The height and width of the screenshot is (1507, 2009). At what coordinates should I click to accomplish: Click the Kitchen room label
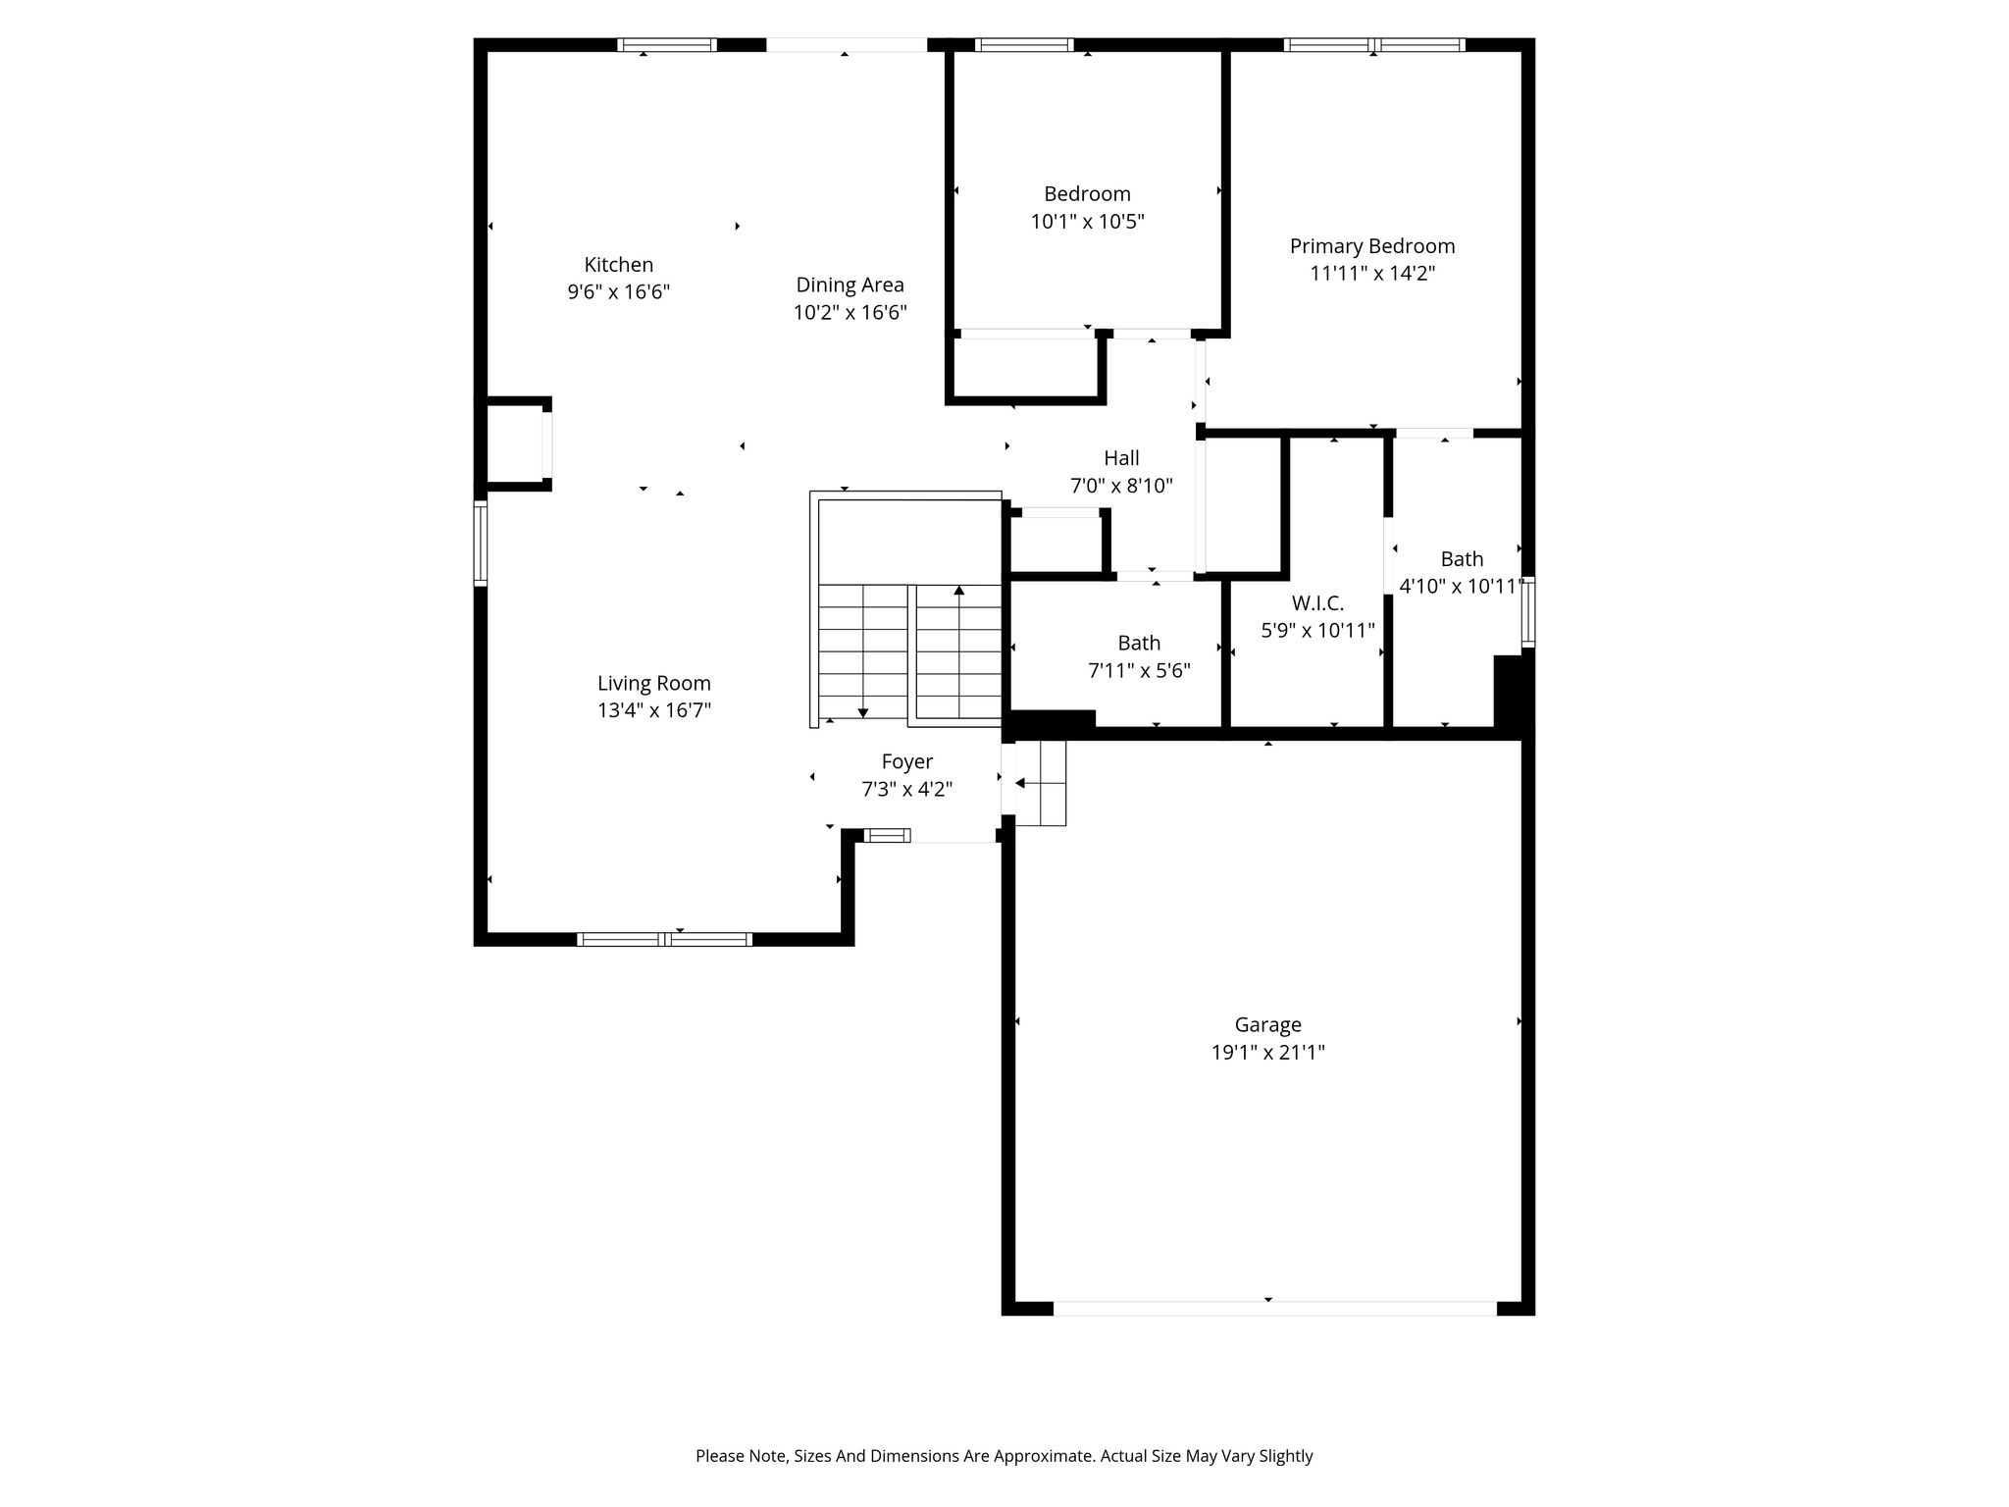[619, 265]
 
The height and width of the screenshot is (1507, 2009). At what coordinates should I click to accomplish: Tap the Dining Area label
[850, 286]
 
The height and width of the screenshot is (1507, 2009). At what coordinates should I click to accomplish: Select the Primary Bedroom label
[1372, 246]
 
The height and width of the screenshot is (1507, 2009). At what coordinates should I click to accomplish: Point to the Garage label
[1268, 1025]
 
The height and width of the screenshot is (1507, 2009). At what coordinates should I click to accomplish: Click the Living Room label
[654, 684]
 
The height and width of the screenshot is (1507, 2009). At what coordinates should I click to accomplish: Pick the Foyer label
[907, 762]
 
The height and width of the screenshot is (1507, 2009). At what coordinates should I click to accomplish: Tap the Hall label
[1121, 458]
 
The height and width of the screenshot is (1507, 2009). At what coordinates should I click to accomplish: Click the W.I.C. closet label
[1317, 603]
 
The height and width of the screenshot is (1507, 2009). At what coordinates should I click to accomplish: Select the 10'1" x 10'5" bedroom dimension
[1088, 222]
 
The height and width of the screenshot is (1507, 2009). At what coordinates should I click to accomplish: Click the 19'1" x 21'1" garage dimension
[1268, 1053]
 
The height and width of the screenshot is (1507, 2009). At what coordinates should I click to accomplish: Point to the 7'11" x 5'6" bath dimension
[1140, 671]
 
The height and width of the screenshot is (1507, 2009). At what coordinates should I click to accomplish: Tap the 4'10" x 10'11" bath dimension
[1462, 587]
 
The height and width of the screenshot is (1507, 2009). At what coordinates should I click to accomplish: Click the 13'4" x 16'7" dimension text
[654, 711]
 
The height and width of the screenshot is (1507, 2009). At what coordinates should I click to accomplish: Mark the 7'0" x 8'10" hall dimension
[1121, 486]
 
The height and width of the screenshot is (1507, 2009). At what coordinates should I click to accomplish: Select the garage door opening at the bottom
[1275, 1309]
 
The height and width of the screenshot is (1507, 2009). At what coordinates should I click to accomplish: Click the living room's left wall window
[481, 543]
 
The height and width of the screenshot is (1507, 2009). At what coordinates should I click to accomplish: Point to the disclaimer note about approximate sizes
[1004, 1456]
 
